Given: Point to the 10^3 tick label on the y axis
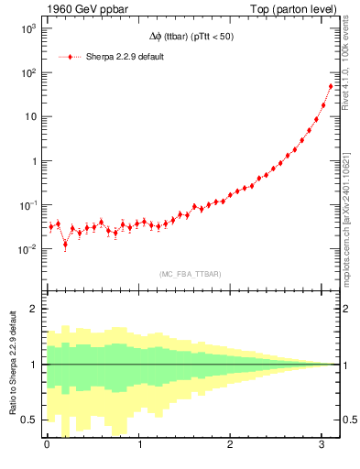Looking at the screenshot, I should pyautogui.click(x=27, y=28).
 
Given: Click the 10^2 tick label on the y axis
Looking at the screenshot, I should pyautogui.click(x=27, y=72).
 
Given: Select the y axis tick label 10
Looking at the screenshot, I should pyautogui.click(x=29, y=116).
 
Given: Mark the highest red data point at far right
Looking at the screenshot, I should pyautogui.click(x=331, y=86).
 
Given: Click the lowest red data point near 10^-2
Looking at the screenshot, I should pyautogui.click(x=65, y=245).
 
